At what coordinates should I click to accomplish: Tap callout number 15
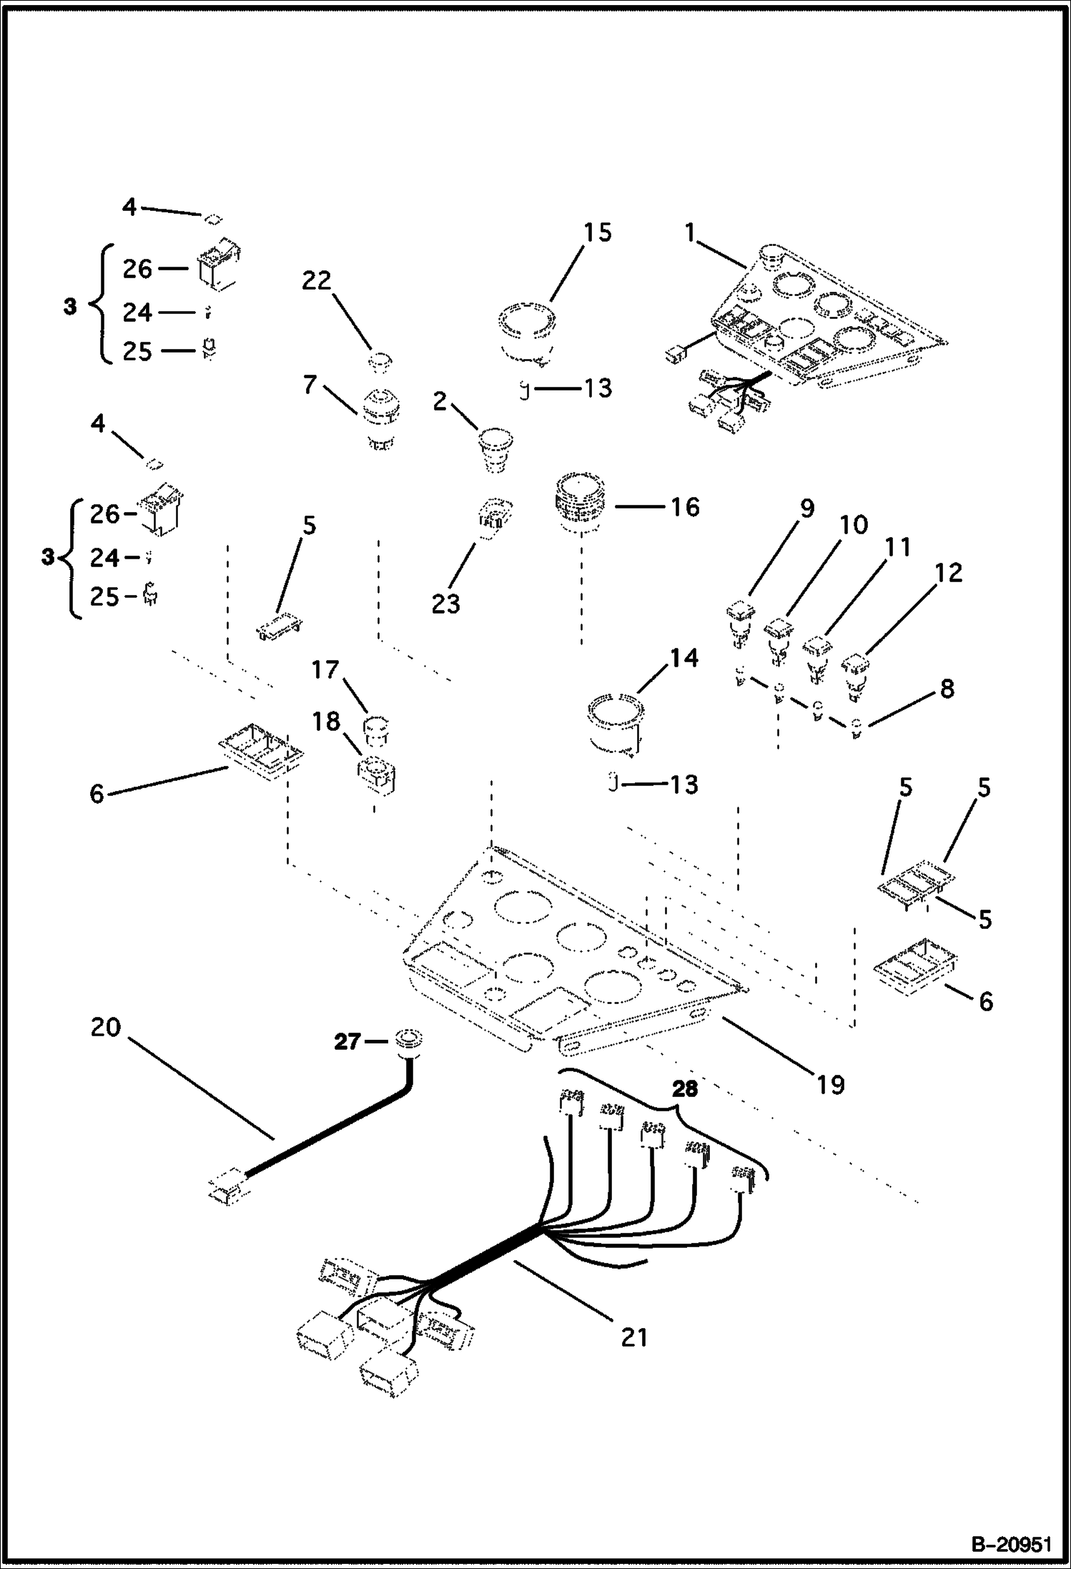click(x=597, y=232)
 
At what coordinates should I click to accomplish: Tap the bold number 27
click(x=348, y=1041)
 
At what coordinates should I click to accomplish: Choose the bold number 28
click(x=684, y=1089)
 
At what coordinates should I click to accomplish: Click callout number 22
click(x=317, y=281)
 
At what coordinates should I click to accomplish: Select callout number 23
click(x=445, y=604)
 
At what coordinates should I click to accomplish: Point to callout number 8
click(x=947, y=689)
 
